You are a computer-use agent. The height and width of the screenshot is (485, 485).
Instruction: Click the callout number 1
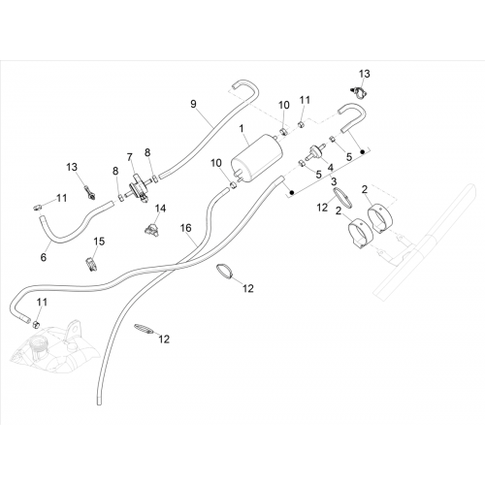point(242,129)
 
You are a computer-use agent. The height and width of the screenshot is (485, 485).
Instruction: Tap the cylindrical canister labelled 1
point(257,160)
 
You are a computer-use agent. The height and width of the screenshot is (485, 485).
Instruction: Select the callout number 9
point(193,105)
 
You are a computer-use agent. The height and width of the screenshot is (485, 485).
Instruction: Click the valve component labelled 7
point(137,188)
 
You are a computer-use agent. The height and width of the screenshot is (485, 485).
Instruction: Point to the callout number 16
point(186,228)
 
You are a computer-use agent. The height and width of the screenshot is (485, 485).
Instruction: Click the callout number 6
point(44,257)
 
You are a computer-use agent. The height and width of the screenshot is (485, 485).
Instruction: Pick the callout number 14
point(160,209)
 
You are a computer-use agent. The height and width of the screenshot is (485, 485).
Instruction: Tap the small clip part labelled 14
point(150,229)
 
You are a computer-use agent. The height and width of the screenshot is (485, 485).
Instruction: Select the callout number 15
point(99,242)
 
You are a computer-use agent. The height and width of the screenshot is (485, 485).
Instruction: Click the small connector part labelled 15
point(91,264)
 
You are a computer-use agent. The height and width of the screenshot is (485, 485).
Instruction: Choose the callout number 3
point(334,181)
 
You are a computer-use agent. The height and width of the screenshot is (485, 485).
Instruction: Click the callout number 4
point(331,168)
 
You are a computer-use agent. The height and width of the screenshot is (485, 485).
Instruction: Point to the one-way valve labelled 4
point(313,152)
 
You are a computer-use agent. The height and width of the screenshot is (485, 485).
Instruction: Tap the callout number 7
point(130,157)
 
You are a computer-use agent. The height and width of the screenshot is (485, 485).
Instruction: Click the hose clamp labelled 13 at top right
point(359,92)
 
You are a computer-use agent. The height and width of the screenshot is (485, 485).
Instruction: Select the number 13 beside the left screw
point(72,167)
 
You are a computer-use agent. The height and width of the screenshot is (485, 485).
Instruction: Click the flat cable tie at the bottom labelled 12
point(144,328)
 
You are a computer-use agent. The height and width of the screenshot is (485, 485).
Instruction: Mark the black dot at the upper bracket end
point(363,151)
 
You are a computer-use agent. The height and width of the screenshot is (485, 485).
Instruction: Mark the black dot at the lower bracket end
point(291,193)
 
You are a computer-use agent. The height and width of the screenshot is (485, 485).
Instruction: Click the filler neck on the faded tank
point(37,346)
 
